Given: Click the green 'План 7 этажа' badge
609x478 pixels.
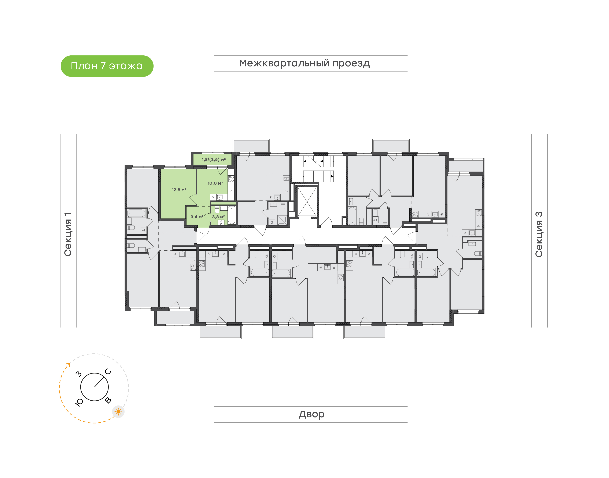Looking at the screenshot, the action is tap(107, 66).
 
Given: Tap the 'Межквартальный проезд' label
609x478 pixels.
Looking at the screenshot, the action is tap(304, 63).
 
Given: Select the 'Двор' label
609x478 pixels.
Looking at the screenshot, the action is tap(311, 414).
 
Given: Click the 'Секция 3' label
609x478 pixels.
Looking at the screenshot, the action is tap(539, 234).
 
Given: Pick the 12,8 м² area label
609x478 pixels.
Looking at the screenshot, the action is tap(179, 190).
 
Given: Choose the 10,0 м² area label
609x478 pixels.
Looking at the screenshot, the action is tap(215, 183).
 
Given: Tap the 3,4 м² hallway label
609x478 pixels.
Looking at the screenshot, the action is tap(197, 217).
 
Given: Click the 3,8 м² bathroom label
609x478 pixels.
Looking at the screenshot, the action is tap(218, 217).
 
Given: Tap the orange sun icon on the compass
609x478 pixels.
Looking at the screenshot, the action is tap(118, 412).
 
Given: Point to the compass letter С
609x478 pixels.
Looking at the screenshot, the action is tap(108, 372).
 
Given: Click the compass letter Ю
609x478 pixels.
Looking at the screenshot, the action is tap(79, 402).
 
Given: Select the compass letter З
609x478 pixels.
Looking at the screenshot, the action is tap(79, 374).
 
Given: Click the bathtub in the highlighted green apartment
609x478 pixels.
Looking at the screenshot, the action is tap(232, 215).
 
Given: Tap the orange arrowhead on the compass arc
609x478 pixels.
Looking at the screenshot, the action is tap(69, 364).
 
